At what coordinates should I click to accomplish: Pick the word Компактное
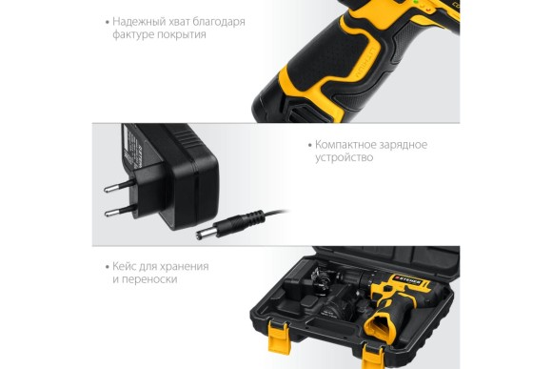tap(346, 145)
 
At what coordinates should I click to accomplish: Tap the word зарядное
tap(404, 145)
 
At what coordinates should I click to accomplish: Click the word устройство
tap(344, 157)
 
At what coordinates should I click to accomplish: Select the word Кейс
tap(124, 266)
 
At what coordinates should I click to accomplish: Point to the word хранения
tap(185, 267)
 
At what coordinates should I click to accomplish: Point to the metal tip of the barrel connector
tap(203, 234)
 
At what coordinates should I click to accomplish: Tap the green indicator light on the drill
tap(416, 2)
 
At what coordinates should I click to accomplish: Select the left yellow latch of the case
tap(279, 338)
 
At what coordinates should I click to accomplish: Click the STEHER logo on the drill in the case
tap(407, 280)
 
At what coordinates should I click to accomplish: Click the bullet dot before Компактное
tap(310, 145)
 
